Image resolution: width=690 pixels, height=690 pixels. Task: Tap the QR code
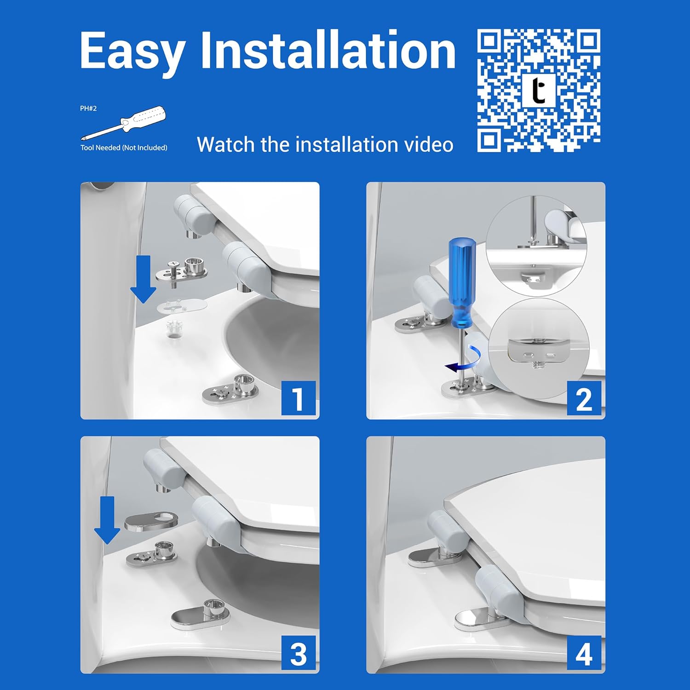pyautogui.click(x=539, y=90)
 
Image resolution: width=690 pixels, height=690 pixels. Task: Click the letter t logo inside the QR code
pyautogui.click(x=539, y=91)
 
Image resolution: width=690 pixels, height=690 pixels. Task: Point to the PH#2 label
pyautogui.click(x=88, y=109)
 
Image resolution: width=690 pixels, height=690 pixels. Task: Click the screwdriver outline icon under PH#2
pyautogui.click(x=123, y=123)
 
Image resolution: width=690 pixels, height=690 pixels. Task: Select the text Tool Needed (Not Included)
pyautogui.click(x=124, y=148)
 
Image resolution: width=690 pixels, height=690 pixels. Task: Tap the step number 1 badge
pyautogui.click(x=299, y=398)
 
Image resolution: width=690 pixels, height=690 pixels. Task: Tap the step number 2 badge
pyautogui.click(x=584, y=398)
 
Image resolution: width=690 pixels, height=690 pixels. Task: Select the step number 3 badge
pyautogui.click(x=299, y=653)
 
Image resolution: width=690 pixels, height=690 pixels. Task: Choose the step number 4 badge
pyautogui.click(x=584, y=653)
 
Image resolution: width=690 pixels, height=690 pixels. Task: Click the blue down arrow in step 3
pyautogui.click(x=107, y=520)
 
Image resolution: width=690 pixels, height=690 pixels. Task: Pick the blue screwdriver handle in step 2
pyautogui.click(x=461, y=282)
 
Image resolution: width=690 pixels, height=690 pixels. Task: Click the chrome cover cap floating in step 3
pyautogui.click(x=151, y=523)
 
